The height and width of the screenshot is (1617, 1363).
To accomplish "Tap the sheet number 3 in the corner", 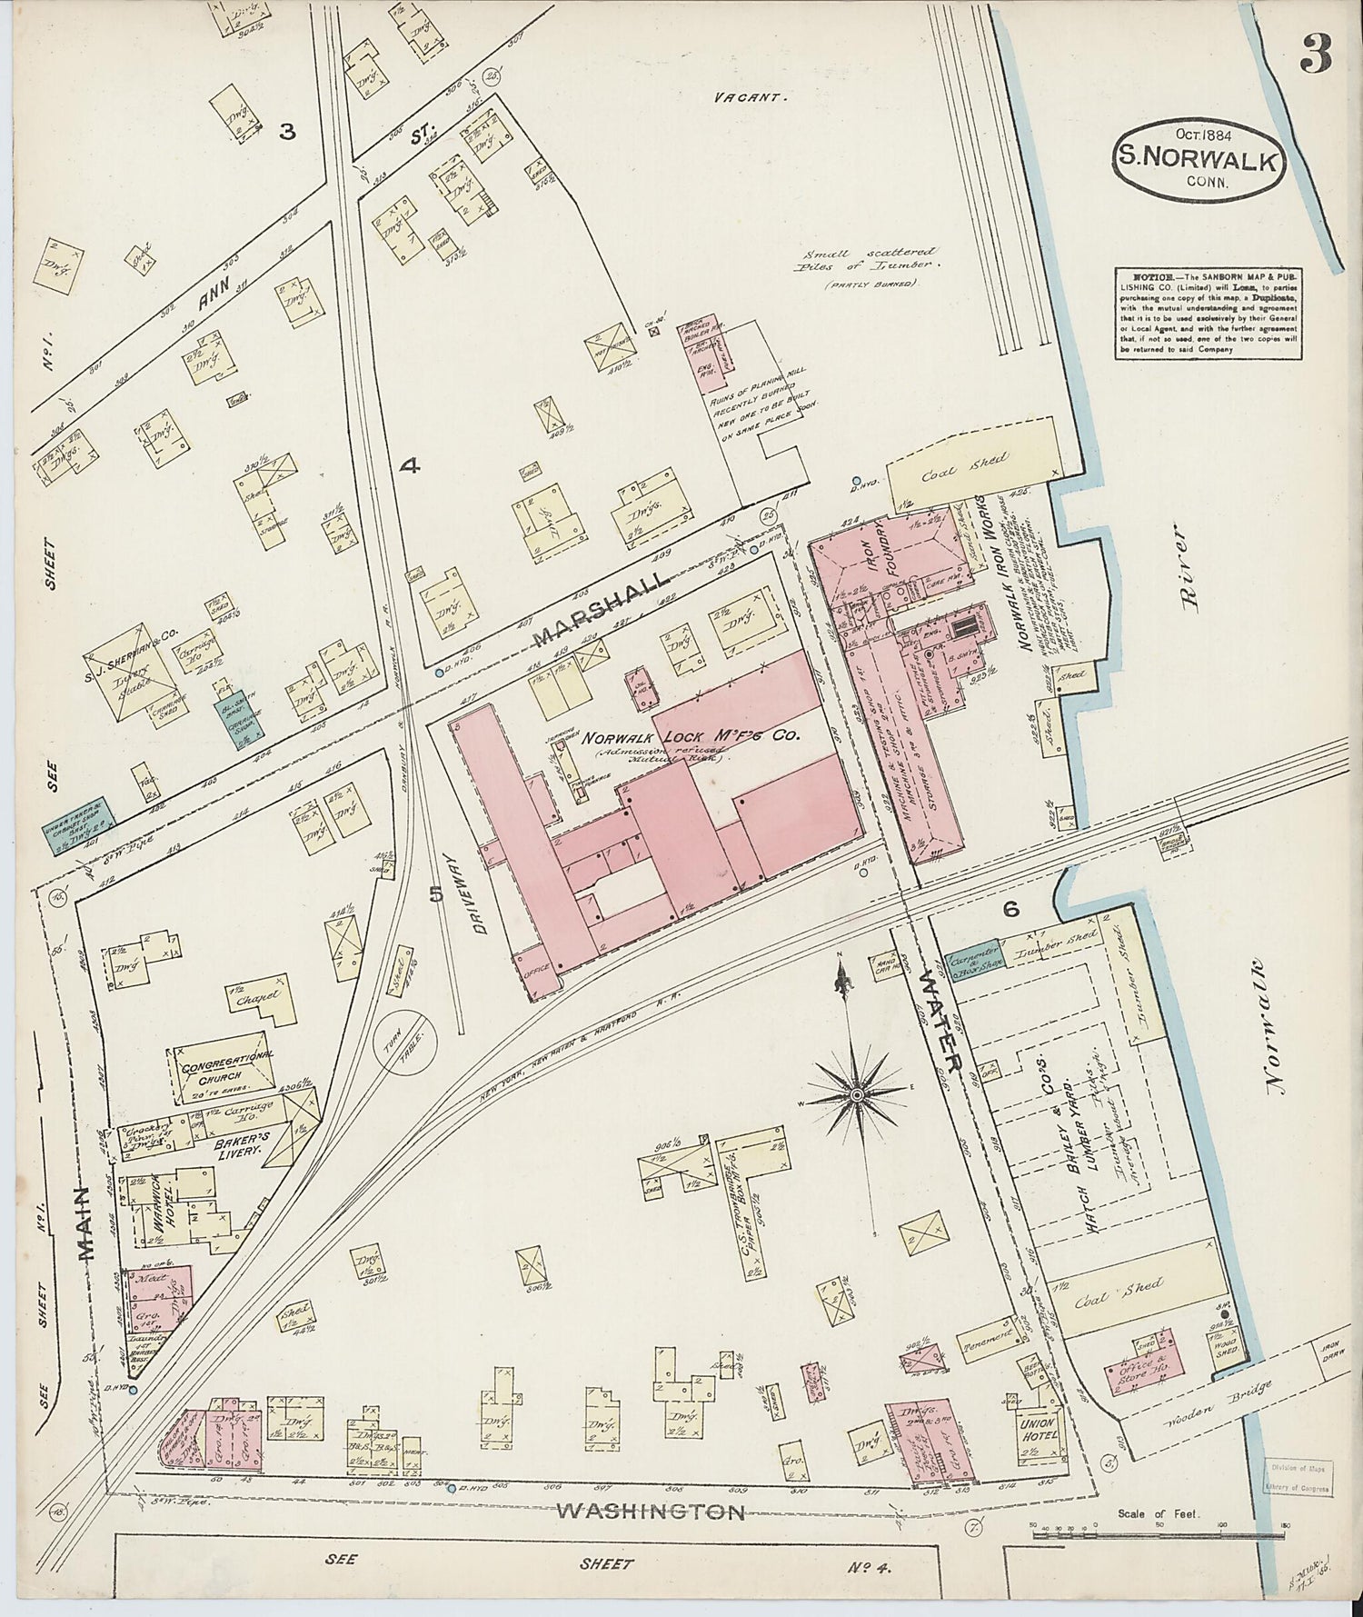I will tap(1314, 56).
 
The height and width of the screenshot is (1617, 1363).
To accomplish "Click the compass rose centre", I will tap(856, 1097).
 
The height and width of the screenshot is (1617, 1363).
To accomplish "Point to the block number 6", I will tap(1010, 907).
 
